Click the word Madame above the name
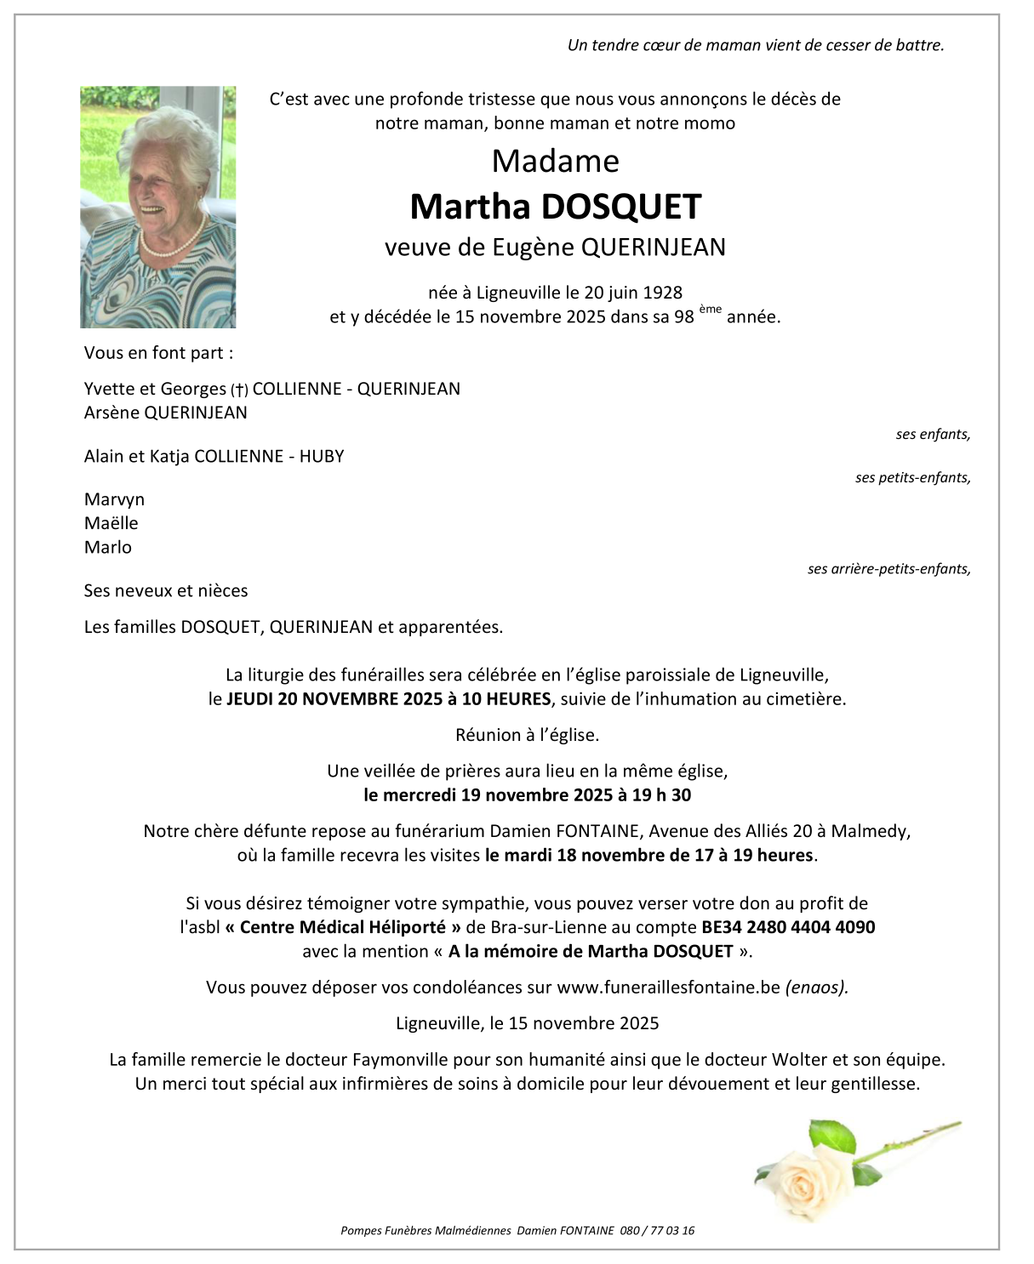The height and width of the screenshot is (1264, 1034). [555, 162]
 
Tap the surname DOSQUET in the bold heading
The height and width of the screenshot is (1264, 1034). [621, 207]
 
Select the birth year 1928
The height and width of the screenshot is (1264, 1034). [662, 293]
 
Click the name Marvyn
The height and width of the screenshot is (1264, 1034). [114, 499]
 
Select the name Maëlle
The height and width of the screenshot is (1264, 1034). [111, 523]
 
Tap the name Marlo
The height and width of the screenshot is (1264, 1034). [108, 547]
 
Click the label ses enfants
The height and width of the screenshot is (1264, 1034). [933, 435]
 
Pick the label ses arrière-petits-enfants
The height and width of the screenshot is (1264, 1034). [888, 569]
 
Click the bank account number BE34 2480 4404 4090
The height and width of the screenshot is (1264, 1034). [787, 927]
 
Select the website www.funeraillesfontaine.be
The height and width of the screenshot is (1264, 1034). [668, 988]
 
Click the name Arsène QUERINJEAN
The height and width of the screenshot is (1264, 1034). [166, 413]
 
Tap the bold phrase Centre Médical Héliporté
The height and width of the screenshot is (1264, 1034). [343, 927]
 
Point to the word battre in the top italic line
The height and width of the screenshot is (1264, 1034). [919, 45]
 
